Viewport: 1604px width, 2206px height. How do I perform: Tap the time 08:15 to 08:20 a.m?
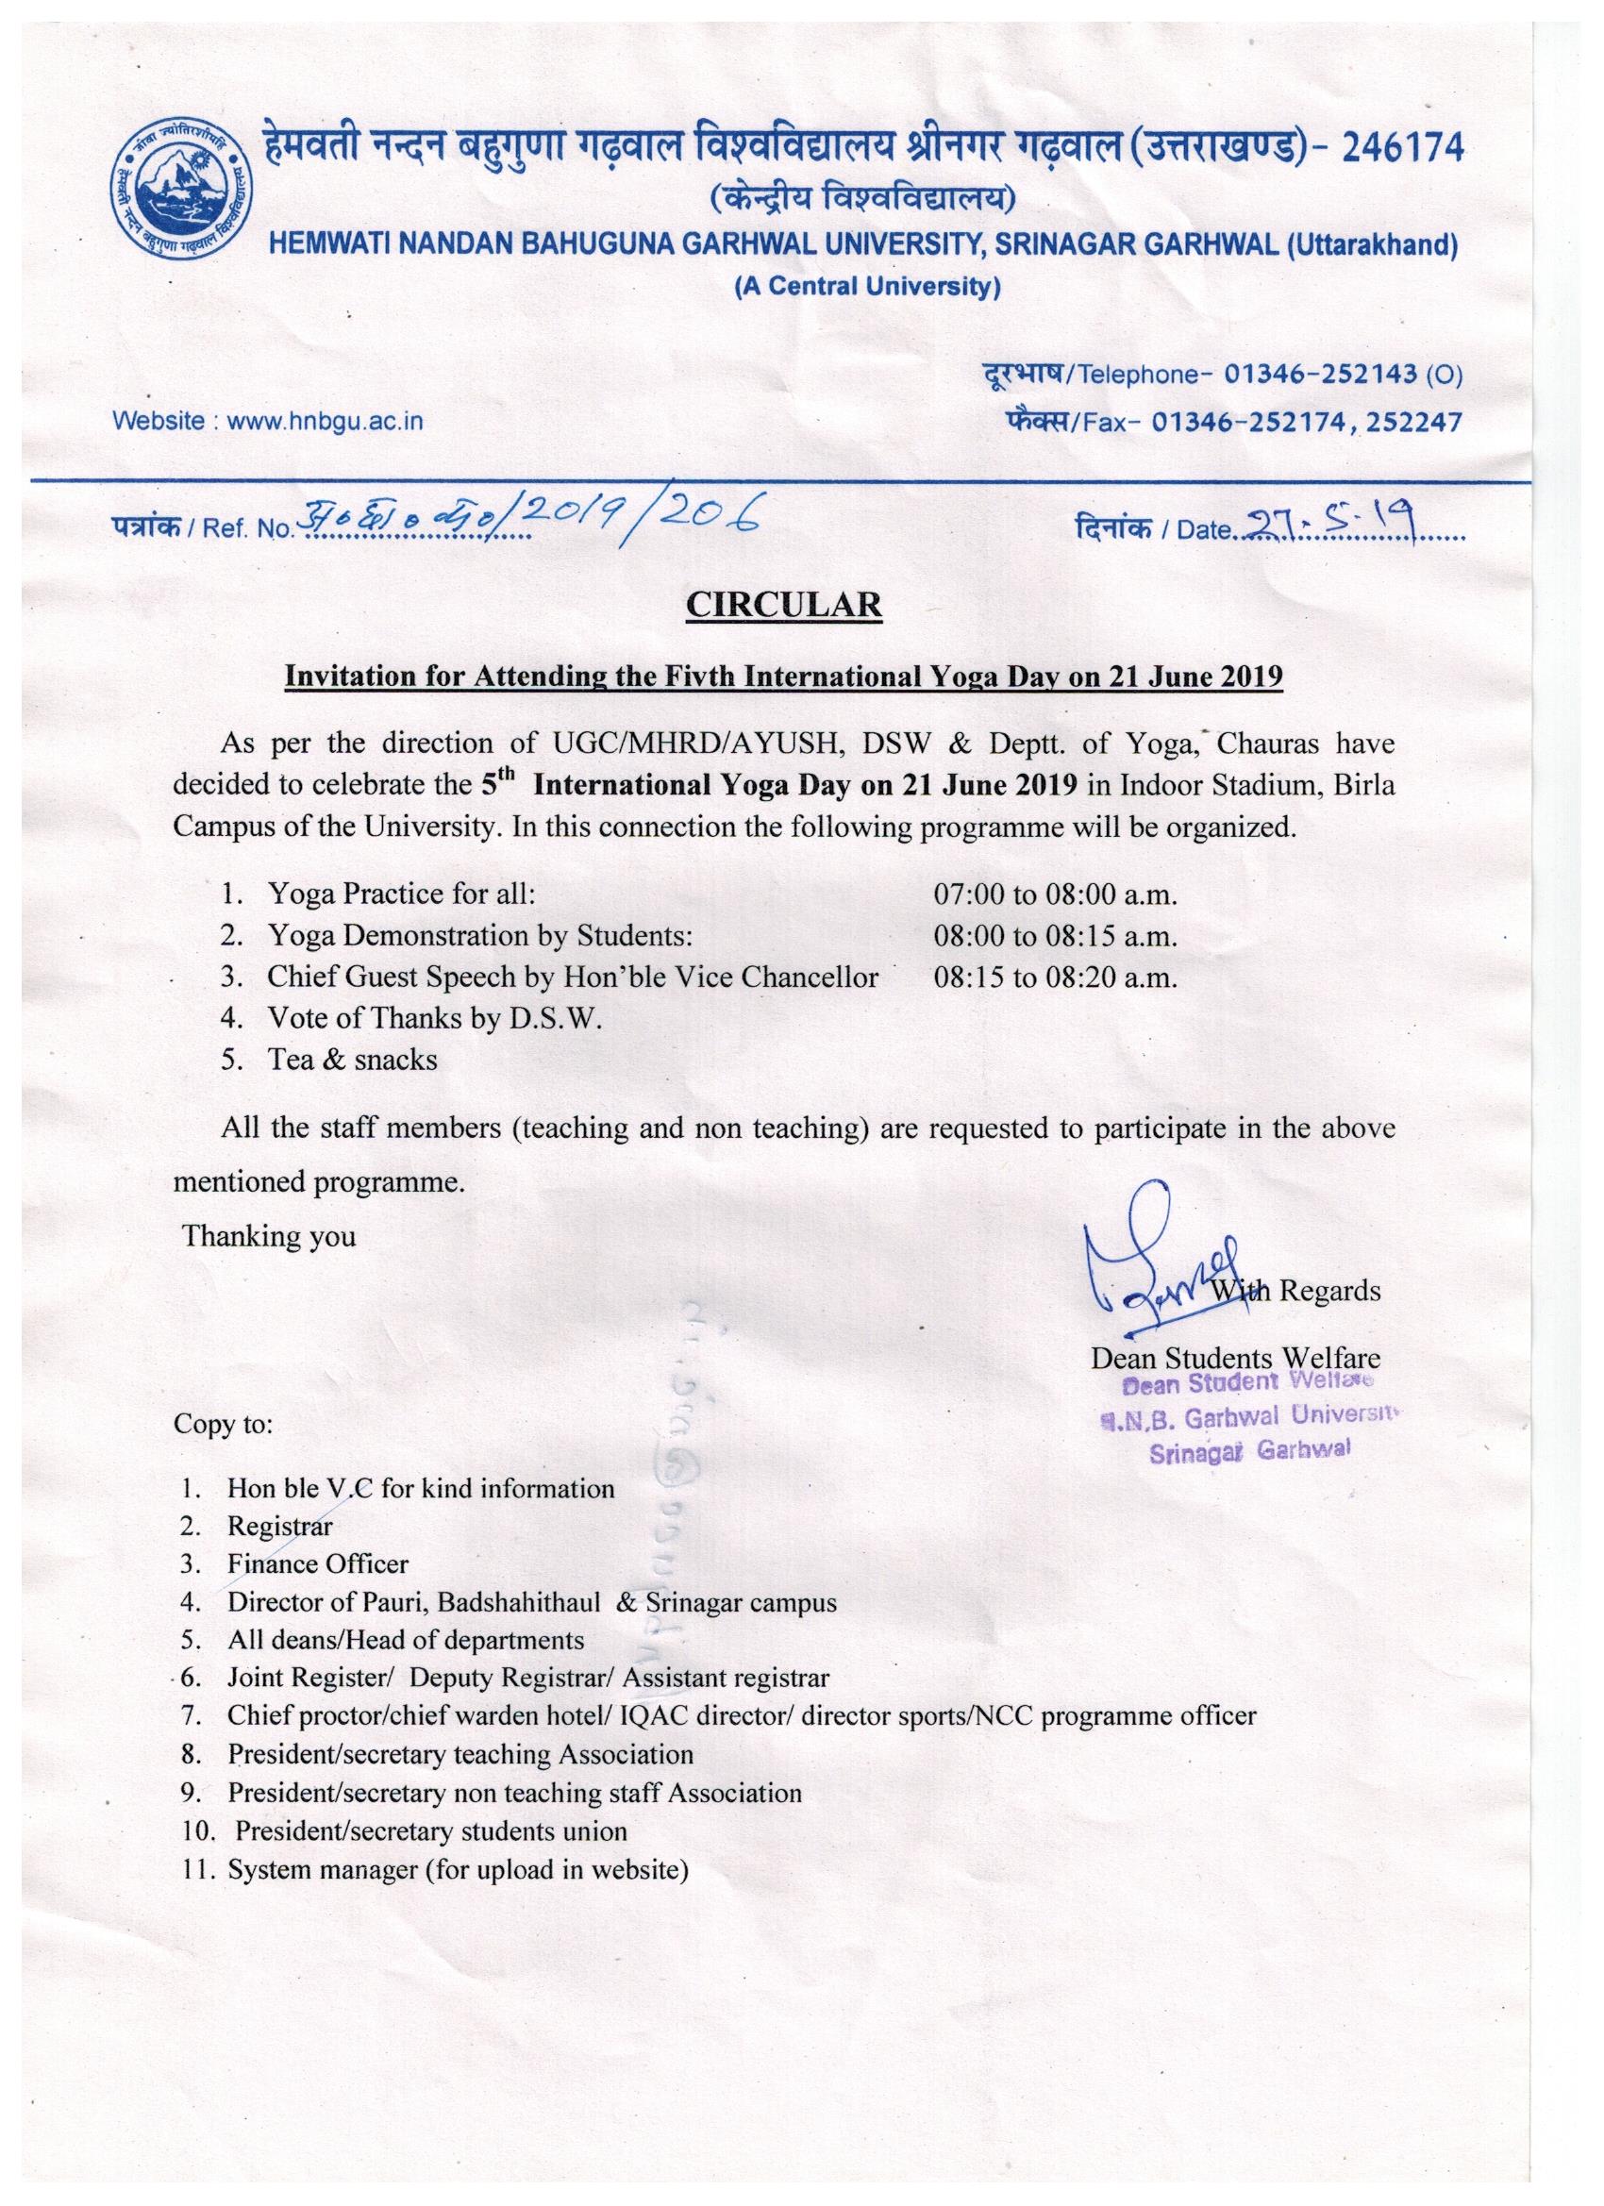[1056, 978]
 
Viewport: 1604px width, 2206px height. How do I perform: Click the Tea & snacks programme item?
[352, 1060]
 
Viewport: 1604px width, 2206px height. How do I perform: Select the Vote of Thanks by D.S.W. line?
[435, 1018]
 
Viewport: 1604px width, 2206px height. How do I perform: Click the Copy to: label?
[224, 1425]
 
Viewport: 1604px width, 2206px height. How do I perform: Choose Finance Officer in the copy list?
[317, 1564]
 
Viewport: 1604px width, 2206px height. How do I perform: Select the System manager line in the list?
[459, 1869]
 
